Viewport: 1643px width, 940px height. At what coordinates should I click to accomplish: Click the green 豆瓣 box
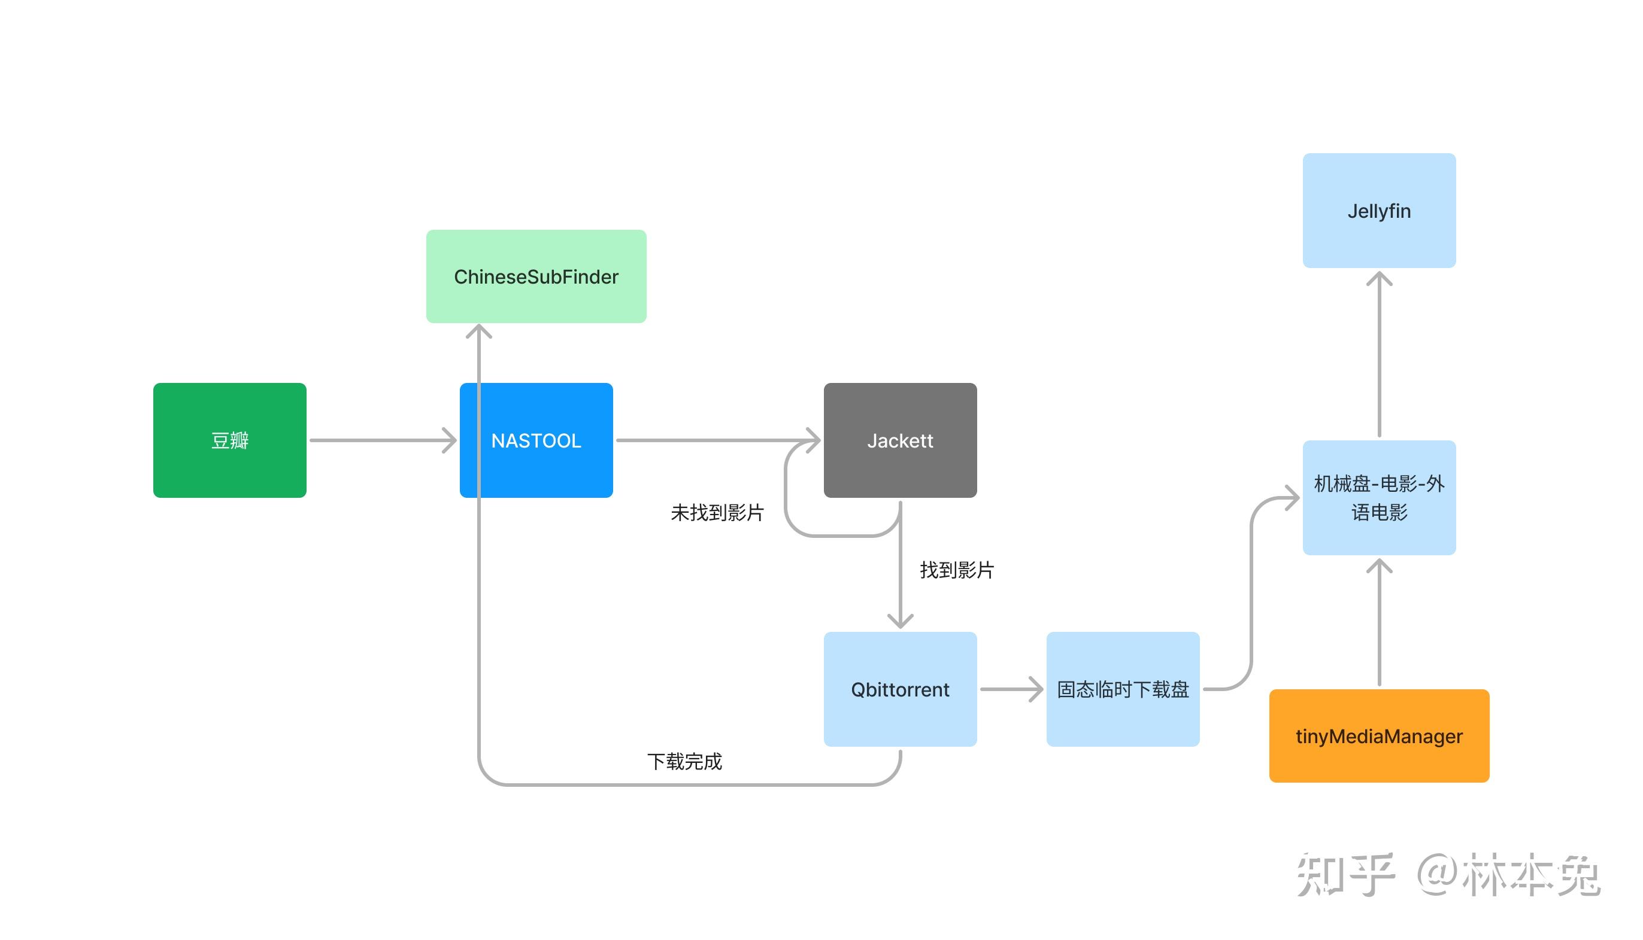tap(229, 440)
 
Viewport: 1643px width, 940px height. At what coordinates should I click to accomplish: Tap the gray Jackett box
tap(900, 440)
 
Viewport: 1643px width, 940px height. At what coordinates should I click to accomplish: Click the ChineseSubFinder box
tap(536, 276)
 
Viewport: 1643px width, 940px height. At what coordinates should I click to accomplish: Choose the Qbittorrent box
tap(900, 689)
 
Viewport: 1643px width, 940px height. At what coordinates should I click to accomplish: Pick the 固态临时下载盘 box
tap(1123, 689)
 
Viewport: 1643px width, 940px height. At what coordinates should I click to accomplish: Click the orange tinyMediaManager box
tap(1379, 735)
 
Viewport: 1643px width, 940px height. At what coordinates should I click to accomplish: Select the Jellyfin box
tap(1379, 211)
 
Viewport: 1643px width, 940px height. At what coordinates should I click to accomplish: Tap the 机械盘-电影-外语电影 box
tap(1379, 497)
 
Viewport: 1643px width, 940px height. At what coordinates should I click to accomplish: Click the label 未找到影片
tap(717, 513)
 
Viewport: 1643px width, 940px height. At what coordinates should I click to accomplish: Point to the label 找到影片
tap(956, 570)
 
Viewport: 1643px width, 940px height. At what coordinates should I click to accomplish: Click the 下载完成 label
tap(684, 761)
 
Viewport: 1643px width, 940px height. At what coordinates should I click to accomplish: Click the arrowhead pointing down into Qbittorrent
tap(900, 621)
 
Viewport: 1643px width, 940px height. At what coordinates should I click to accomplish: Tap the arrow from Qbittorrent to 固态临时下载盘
tap(1011, 689)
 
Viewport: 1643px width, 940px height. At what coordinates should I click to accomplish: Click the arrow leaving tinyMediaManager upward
tap(1379, 626)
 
